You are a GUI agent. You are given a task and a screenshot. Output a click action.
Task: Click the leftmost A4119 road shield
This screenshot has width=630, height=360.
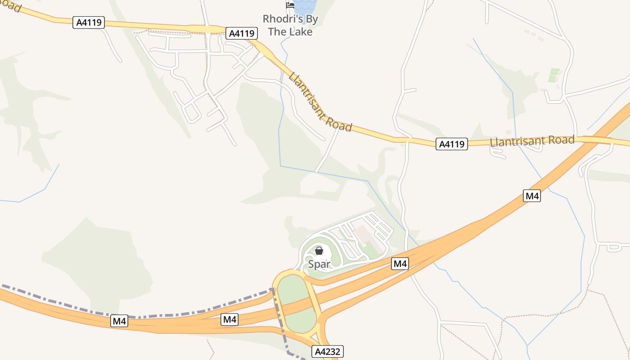coord(89,22)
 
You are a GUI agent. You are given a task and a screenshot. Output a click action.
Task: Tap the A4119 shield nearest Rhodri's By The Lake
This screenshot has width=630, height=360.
coord(242,33)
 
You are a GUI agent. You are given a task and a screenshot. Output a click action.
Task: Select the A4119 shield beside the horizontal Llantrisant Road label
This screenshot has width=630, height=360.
coord(451,144)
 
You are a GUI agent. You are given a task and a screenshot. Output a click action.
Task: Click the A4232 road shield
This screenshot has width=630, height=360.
coord(328,351)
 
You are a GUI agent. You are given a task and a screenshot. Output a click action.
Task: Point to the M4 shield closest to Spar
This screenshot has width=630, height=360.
coord(400,264)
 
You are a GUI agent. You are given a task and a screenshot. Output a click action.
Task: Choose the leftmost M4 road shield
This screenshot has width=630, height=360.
coord(119,321)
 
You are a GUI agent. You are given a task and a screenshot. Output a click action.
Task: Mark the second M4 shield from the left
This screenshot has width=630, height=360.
coord(229,319)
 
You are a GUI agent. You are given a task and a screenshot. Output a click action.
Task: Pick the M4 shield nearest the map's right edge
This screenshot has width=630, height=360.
coord(532,196)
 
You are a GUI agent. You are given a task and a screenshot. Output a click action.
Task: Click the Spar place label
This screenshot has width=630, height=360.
coord(319,264)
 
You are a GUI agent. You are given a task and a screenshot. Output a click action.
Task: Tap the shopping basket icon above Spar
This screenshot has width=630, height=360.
coord(319,251)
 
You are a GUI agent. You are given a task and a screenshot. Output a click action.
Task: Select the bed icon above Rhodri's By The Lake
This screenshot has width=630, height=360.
coord(290,5)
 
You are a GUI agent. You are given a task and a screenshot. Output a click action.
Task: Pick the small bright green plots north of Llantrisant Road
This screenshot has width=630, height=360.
coord(554,75)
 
